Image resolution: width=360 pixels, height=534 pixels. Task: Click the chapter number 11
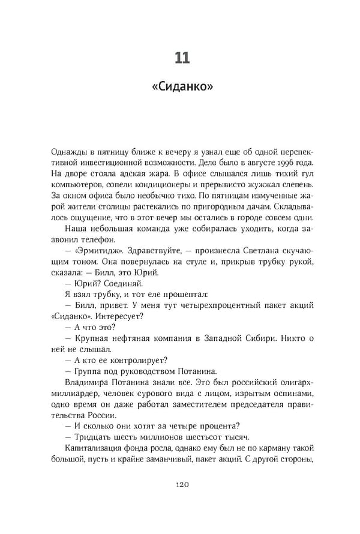pos(182,58)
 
